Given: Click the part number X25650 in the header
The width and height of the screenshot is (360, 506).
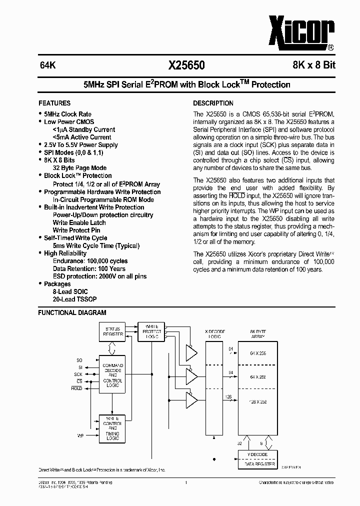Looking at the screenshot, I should click(186, 65).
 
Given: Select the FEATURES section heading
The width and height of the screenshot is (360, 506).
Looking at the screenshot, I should click(54, 103).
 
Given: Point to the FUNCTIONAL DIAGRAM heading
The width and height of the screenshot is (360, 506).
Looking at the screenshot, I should click(72, 313).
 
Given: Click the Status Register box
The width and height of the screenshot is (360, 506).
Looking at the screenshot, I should click(113, 331).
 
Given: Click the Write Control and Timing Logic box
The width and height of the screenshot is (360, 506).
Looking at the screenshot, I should click(112, 428).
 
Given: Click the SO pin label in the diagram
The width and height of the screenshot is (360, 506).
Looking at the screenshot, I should click(79, 360).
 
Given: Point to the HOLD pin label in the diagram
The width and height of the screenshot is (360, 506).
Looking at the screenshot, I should click(76, 388).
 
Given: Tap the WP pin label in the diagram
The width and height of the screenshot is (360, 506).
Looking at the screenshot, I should click(80, 436).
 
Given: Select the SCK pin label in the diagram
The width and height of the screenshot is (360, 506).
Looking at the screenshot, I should click(78, 374).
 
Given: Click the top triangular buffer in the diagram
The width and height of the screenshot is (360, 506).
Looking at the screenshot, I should click(191, 352).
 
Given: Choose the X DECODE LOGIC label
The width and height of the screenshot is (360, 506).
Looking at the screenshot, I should click(215, 334).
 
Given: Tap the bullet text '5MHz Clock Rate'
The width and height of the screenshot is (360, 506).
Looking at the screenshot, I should click(67, 114).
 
